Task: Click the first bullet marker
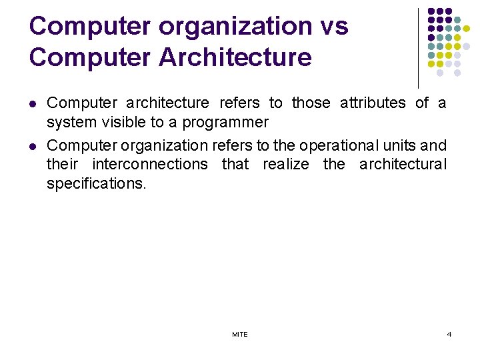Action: click(33, 104)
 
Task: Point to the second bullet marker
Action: click(33, 146)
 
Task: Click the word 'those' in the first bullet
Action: click(311, 103)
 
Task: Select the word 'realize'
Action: click(285, 164)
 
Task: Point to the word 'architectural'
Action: click(403, 164)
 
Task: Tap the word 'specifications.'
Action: click(95, 184)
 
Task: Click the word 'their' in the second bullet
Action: click(62, 164)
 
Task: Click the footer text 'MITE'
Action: click(240, 334)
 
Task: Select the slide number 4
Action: click(449, 334)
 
